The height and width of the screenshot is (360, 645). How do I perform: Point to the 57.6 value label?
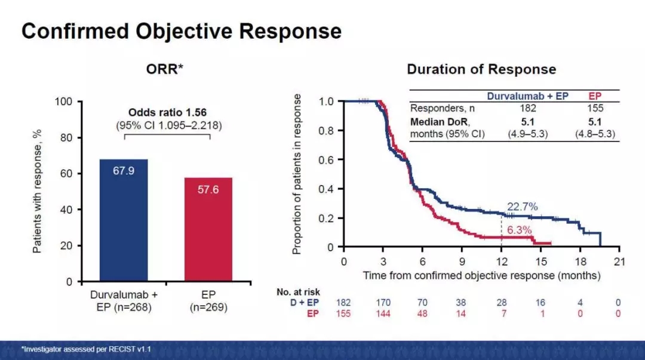coord(208,190)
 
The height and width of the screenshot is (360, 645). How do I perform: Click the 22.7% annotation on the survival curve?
coord(523,207)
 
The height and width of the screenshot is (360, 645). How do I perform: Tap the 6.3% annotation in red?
coord(519,230)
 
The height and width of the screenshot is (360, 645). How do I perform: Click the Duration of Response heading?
coord(481,69)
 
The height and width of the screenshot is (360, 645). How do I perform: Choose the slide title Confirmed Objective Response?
coord(182,31)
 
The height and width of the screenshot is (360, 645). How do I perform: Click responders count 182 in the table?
coord(528,108)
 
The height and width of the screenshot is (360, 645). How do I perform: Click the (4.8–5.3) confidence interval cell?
coord(595,134)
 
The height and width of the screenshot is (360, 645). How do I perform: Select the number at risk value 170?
coord(383,303)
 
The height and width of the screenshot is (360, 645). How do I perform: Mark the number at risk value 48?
coord(422,313)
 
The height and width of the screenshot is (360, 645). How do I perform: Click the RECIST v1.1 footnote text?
coord(87,349)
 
